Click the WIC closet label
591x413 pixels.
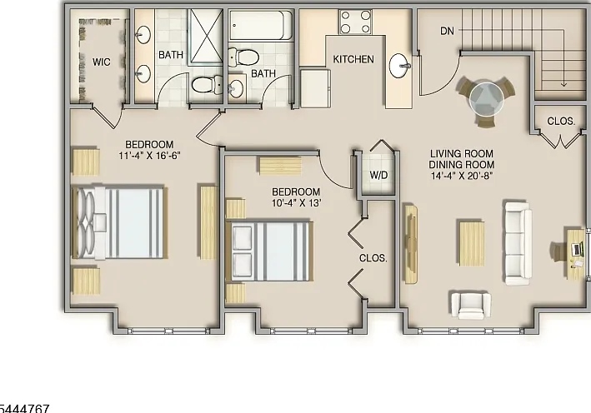pos(102,62)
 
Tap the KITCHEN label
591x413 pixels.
pos(353,59)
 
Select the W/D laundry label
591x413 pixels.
pos(378,175)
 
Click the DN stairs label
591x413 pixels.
pos(448,31)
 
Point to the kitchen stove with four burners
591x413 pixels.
pos(355,22)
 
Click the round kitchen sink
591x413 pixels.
pos(399,66)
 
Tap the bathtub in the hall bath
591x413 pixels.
pos(260,25)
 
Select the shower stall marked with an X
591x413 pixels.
pos(206,37)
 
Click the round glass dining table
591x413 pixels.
pos(487,98)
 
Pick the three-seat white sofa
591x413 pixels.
pos(518,244)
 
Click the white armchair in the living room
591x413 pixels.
pos(471,304)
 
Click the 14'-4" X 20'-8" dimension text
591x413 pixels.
pos(462,176)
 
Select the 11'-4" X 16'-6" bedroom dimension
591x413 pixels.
pos(150,156)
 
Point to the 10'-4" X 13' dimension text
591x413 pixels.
pos(296,203)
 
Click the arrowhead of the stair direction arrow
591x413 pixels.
pos(563,84)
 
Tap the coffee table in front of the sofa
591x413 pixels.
pos(472,243)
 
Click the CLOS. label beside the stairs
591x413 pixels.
pos(561,122)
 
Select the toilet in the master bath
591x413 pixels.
pos(208,85)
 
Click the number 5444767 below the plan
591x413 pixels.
pos(24,409)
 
